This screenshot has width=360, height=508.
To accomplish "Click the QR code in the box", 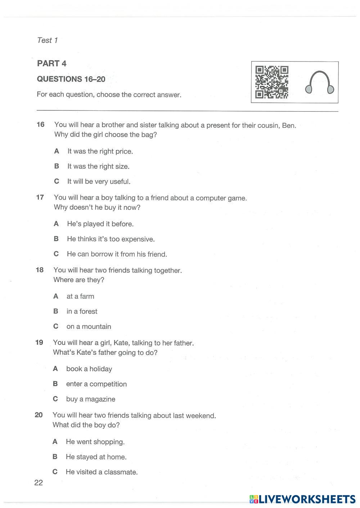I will tap(272, 82).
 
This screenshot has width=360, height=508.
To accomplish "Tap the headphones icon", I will tap(320, 83).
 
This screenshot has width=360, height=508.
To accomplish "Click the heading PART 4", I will tap(52, 64).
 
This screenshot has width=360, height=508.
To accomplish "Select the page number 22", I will tap(39, 483).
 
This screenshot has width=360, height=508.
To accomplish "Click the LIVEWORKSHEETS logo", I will tap(302, 499).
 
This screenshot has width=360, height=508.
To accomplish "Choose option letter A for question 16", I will tap(57, 151).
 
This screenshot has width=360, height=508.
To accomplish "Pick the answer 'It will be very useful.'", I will tap(99, 182).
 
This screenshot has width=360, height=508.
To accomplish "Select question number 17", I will tap(40, 197).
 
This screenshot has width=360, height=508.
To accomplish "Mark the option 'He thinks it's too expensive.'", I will tap(111, 239).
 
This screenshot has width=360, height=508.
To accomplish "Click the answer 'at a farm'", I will tap(80, 296).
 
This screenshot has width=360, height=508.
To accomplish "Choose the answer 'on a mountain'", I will tap(89, 327).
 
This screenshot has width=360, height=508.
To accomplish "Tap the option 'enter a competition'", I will tap(96, 384).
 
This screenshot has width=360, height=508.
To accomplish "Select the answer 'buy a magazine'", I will tap(91, 399).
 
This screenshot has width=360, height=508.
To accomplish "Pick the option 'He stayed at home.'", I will tap(96, 457).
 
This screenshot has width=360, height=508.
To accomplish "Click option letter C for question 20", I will tap(55, 472).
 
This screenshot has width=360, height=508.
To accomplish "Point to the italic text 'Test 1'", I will tap(48, 40).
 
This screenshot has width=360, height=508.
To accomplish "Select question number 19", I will tap(39, 342).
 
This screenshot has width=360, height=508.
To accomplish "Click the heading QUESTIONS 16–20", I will tap(71, 79).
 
